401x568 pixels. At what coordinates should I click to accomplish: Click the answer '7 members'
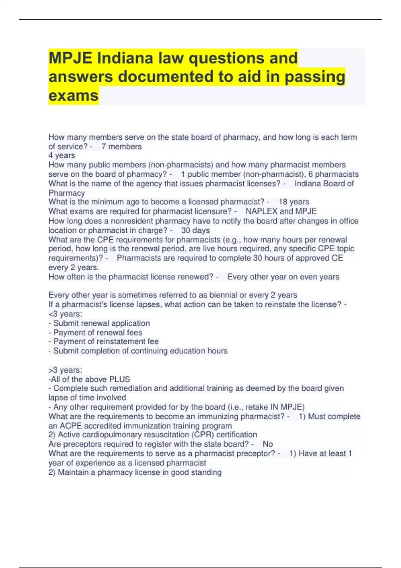(121, 146)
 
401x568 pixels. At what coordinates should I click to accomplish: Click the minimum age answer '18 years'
(294, 202)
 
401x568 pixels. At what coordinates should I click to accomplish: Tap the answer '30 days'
(195, 230)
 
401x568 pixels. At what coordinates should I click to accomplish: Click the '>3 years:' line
(65, 370)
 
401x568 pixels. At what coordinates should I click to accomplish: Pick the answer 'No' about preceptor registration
(268, 444)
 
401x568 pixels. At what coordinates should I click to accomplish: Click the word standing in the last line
(206, 472)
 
